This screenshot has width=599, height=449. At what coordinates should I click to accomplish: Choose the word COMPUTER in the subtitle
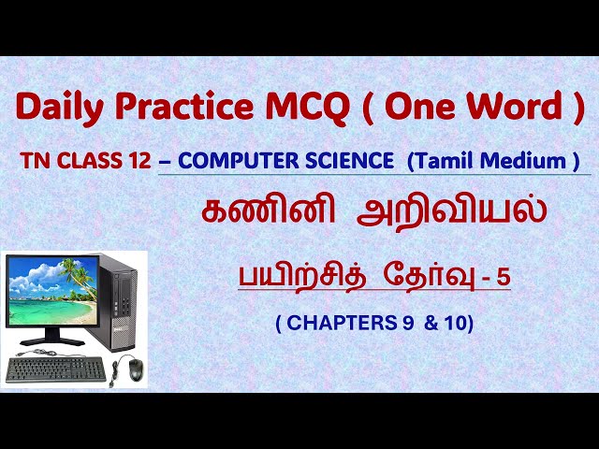pyautogui.click(x=235, y=161)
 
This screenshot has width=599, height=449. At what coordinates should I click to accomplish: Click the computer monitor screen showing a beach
pyautogui.click(x=53, y=289)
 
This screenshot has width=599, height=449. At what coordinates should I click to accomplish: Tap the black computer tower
pyautogui.click(x=119, y=299)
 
